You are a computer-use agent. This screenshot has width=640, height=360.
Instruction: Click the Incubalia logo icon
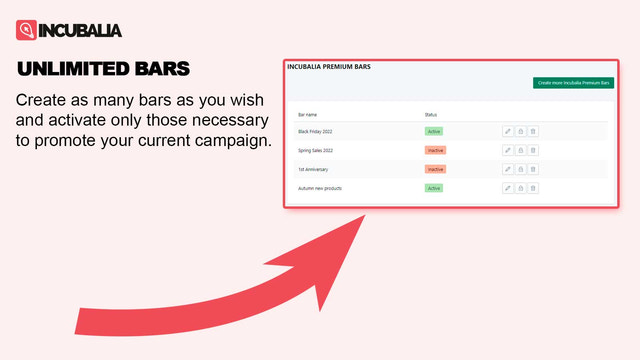[27, 30]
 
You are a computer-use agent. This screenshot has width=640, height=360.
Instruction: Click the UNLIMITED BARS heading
[104, 69]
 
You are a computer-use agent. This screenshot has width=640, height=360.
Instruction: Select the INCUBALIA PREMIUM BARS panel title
[329, 67]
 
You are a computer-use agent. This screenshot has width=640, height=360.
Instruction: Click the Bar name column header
[307, 115]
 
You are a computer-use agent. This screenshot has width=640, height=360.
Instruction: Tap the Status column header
[431, 115]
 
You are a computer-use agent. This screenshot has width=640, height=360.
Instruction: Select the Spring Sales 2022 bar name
[316, 150]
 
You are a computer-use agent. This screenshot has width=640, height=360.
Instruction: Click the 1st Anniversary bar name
[314, 169]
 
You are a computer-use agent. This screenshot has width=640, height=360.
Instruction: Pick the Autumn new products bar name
[320, 188]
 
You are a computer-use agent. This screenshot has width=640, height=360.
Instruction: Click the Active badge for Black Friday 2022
[434, 131]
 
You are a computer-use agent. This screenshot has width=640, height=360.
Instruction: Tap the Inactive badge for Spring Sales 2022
[435, 150]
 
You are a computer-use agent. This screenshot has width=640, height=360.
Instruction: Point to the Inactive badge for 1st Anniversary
[435, 169]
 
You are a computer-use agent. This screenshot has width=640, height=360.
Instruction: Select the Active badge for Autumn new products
[434, 188]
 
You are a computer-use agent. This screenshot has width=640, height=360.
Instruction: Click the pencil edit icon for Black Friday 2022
[508, 131]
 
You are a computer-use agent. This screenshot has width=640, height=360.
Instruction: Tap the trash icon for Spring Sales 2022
[533, 150]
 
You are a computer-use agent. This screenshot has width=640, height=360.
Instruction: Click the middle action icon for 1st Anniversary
[520, 169]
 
